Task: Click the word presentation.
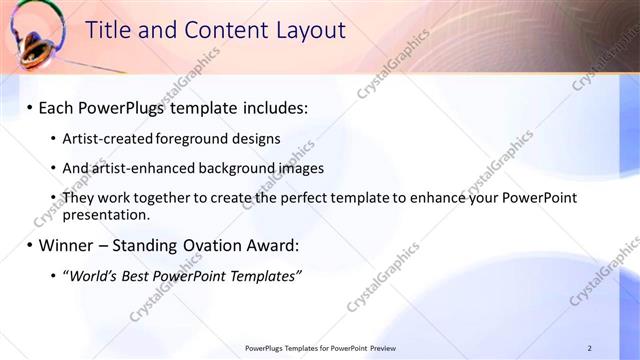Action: (106, 214)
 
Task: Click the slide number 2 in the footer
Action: (589, 348)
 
